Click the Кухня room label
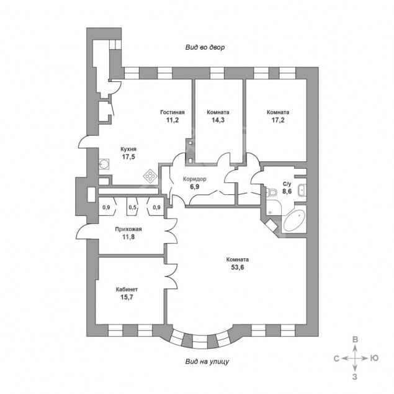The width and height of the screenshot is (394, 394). point(128,150)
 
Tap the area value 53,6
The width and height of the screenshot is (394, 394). point(238,267)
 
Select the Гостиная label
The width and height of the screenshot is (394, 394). point(172,112)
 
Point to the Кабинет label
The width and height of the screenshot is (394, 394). point(127,290)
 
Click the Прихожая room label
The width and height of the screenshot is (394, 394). point(128,229)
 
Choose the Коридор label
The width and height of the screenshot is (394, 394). point(194,179)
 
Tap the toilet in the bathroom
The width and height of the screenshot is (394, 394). point(271,192)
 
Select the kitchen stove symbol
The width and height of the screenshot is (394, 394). point(150,176)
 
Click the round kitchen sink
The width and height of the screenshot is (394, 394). point(104,164)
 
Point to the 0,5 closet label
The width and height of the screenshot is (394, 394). point(132,208)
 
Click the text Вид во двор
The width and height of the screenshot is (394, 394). point(205,48)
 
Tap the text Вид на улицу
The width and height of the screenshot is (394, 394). point(207,362)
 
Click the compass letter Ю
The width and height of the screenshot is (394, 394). point(374,358)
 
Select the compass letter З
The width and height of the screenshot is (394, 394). point(354,377)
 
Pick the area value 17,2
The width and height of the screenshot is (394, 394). point(278,120)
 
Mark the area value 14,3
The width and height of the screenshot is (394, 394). point(218,120)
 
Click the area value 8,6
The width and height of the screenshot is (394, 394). point(287,192)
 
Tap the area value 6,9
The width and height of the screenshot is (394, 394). point(194,187)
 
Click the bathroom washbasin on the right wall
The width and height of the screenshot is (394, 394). point(302,190)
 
